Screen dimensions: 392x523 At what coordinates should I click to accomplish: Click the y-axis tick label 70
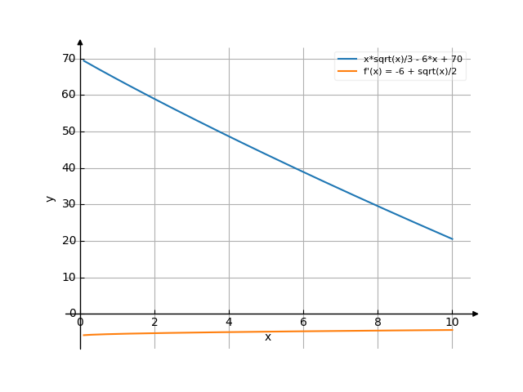[68, 58]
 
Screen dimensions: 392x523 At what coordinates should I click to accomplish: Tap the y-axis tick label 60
[68, 95]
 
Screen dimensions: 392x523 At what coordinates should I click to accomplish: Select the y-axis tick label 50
[68, 131]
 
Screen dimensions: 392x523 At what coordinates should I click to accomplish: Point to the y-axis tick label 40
[68, 168]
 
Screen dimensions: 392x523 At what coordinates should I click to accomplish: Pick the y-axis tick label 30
[68, 204]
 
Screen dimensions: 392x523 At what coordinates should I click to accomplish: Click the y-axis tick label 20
[68, 241]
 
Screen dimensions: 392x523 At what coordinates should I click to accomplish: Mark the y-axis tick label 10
[68, 278]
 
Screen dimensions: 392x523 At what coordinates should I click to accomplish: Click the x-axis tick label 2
[154, 323]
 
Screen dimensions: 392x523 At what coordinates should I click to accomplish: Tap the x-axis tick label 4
[229, 323]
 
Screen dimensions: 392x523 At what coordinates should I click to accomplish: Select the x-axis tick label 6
[303, 323]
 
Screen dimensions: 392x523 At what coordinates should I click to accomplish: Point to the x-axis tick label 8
[378, 323]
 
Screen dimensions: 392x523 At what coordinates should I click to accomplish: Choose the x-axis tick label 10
[452, 323]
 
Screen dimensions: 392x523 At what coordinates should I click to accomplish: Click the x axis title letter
[267, 337]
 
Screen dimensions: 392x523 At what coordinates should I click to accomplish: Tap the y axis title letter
[51, 198]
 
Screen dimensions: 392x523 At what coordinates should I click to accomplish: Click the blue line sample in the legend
[348, 59]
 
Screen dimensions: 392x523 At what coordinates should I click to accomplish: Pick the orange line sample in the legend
[348, 71]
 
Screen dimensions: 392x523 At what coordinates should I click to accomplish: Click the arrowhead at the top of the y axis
[80, 41]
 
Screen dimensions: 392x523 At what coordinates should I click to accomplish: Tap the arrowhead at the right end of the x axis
[476, 314]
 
